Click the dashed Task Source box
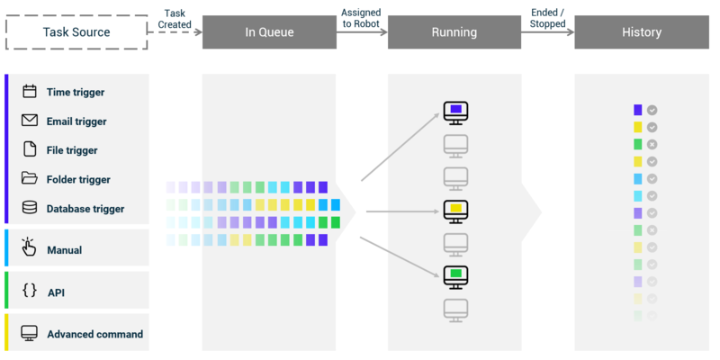(x=76, y=32)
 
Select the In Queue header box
(x=269, y=32)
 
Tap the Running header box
(x=454, y=32)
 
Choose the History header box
(x=642, y=32)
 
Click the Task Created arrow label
(x=175, y=18)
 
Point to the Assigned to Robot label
(x=361, y=18)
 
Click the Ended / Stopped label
(x=547, y=18)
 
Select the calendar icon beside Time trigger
(x=30, y=92)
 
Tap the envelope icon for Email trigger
(x=30, y=121)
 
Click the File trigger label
(x=72, y=150)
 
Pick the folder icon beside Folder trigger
(x=30, y=179)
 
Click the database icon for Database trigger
(x=30, y=208)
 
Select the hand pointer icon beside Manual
(x=30, y=247)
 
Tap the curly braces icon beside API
(x=30, y=292)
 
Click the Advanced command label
(x=94, y=334)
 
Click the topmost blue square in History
(x=638, y=110)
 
